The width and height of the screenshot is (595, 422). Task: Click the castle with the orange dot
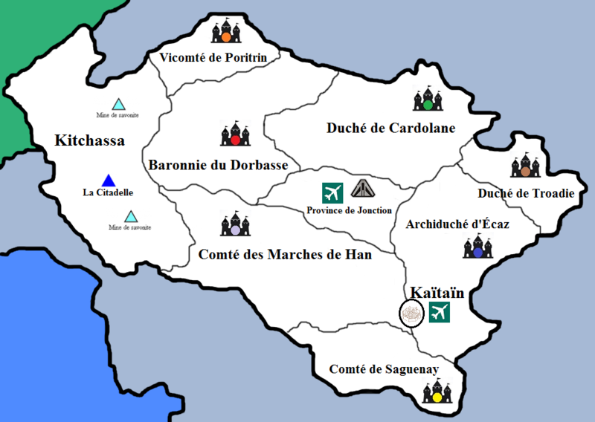point(227,30)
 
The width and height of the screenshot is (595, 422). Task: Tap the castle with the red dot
point(235,134)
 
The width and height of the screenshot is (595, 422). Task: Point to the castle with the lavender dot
point(235,224)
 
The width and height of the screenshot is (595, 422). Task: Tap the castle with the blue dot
point(477,247)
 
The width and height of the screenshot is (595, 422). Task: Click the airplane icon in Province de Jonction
point(332,192)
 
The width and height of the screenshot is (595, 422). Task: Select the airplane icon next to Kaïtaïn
point(440,313)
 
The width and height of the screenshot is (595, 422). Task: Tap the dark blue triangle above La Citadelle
point(109,180)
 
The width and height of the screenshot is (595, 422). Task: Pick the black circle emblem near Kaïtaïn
point(411,314)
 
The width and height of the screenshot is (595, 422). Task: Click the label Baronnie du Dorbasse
point(219,165)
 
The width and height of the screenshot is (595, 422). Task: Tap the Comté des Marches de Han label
point(285,255)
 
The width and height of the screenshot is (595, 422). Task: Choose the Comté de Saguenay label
point(384,369)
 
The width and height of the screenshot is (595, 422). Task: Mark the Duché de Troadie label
point(525,193)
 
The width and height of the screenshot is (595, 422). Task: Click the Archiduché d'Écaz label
point(457,224)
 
